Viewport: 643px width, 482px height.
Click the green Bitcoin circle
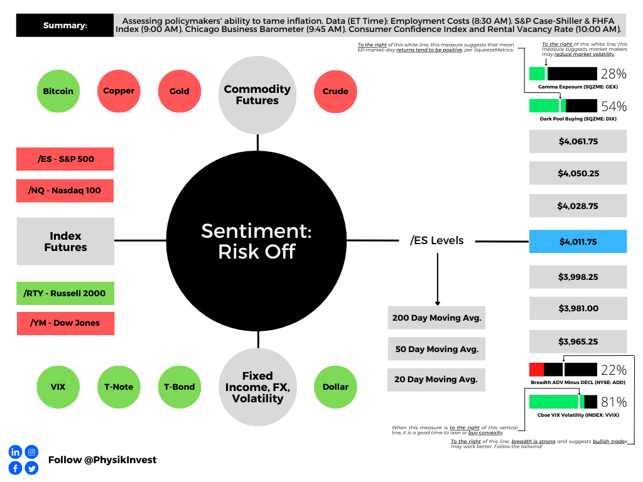pos(58,91)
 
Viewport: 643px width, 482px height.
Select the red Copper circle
pos(119,91)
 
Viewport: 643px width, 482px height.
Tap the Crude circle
pos(335,91)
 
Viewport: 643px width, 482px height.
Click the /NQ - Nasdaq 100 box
pos(65,190)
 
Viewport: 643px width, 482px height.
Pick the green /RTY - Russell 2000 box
pos(65,293)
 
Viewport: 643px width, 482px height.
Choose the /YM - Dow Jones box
pos(65,323)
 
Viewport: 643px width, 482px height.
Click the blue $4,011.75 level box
pos(578,242)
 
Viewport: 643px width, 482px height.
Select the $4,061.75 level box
pos(578,141)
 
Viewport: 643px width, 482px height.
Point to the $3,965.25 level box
pos(578,342)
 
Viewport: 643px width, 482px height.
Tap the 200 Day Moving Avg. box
pos(436,318)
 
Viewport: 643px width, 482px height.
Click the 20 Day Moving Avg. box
pos(436,379)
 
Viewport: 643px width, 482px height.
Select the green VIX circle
pos(58,387)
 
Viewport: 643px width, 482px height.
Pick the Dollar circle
pos(335,387)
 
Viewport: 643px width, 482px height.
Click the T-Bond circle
pos(179,387)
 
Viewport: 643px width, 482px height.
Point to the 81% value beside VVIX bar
pos(613,402)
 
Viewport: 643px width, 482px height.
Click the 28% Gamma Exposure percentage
pos(613,73)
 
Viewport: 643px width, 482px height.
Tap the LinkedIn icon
pos(15,452)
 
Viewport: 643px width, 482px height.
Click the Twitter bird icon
pos(31,468)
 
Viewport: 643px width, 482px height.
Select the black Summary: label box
pos(65,26)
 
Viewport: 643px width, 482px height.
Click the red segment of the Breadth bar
pos(536,370)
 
